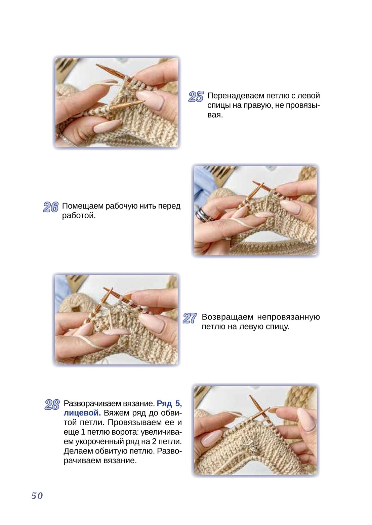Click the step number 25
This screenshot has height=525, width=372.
(x=196, y=97)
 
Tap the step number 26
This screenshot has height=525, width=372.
(x=51, y=207)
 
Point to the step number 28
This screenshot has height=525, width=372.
(x=52, y=405)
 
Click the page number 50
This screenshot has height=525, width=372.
(x=37, y=495)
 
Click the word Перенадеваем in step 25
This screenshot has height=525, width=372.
(x=236, y=96)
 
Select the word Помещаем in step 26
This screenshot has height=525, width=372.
(x=83, y=206)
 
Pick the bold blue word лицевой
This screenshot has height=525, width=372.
(x=82, y=413)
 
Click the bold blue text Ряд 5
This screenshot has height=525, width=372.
(x=169, y=403)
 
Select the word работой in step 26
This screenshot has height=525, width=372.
(x=79, y=216)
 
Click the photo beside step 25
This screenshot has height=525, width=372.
(x=117, y=103)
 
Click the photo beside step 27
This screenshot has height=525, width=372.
(x=116, y=320)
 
